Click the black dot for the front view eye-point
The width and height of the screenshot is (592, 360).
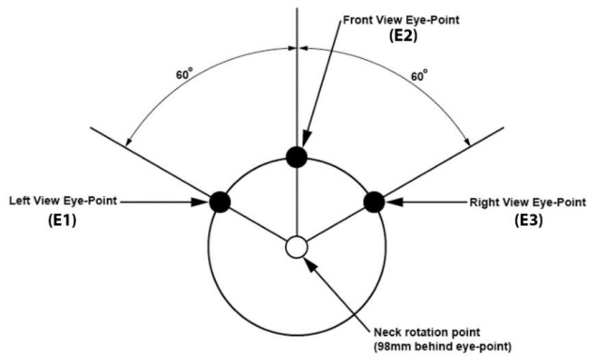(x=296, y=157)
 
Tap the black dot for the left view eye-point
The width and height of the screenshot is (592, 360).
(x=220, y=201)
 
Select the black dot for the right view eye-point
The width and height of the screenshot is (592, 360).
(x=372, y=201)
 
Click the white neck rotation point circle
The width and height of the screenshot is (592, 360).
(x=296, y=247)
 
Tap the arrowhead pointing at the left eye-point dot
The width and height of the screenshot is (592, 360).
(x=204, y=201)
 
